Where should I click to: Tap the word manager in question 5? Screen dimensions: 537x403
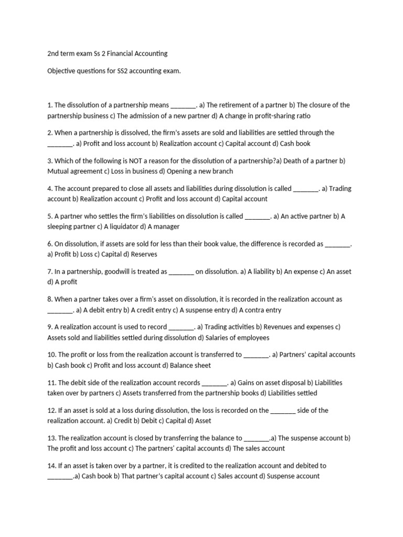coord(167,227)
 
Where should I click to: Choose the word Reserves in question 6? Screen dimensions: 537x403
coord(142,254)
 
